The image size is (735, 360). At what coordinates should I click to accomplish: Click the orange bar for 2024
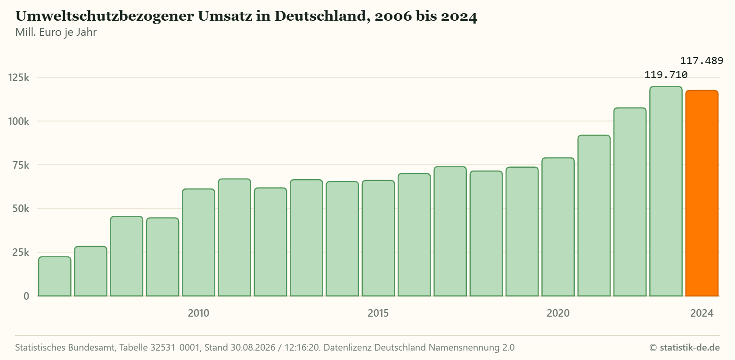702,193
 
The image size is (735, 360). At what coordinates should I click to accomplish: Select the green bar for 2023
666,191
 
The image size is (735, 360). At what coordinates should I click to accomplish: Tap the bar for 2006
55,276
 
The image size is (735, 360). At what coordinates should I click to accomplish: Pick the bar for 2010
198,243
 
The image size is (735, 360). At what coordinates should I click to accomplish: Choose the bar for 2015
378,238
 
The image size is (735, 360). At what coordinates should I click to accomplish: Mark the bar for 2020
558,227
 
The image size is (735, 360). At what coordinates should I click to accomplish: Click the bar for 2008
127,256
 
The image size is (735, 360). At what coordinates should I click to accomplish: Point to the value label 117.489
702,61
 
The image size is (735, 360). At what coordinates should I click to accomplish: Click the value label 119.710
666,75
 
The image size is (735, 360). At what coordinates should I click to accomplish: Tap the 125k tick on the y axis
19,77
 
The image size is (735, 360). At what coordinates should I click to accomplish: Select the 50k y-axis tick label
21,208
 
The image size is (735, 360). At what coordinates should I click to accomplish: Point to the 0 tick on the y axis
26,296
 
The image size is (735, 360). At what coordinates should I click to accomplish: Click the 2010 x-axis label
198,313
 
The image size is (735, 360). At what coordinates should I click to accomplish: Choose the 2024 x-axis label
702,313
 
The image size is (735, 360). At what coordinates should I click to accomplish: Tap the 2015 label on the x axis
378,313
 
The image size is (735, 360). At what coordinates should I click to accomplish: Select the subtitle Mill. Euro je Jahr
56,32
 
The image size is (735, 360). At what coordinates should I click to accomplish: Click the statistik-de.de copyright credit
685,347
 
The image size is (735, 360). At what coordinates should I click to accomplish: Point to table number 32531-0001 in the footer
175,347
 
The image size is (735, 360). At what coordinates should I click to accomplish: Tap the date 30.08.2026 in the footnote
253,347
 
